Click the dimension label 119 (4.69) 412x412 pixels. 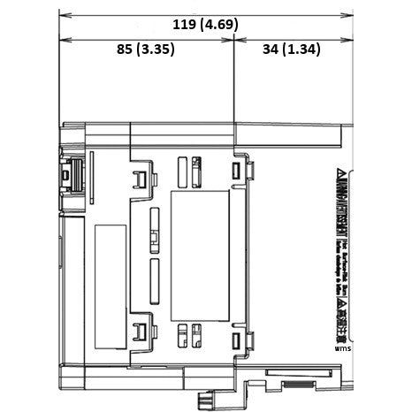coord(205,24)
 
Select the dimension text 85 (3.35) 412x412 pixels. coord(146,50)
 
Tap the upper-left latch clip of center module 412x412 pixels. coord(139,179)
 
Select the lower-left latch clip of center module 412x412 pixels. coord(139,333)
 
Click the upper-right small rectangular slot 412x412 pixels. coord(235,171)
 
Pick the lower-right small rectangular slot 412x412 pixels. coord(235,340)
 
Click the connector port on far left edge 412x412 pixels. coord(68,177)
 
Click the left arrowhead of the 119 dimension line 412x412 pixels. coord(63,15)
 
